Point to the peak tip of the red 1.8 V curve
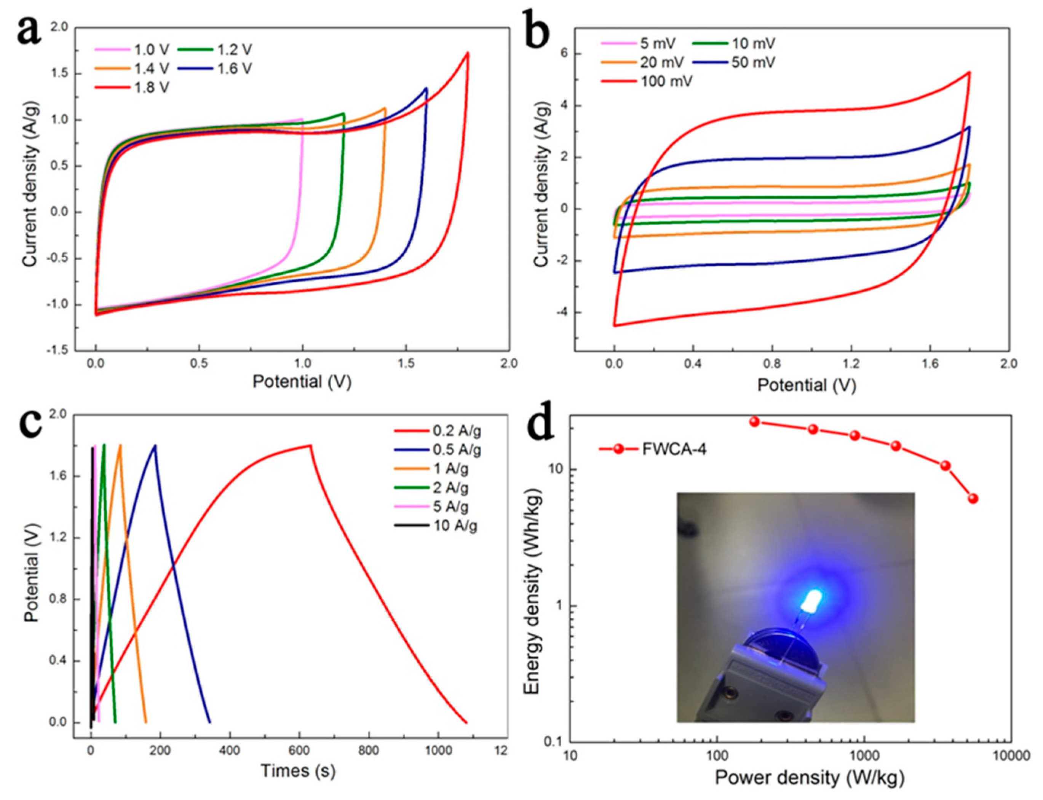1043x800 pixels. point(468,53)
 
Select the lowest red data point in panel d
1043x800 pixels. point(973,499)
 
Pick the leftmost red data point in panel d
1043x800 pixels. point(754,421)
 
